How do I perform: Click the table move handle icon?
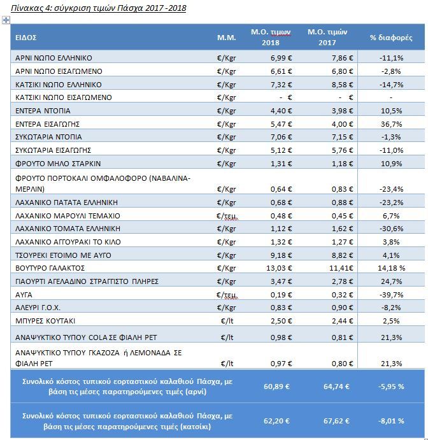[6, 20]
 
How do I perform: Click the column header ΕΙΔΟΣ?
[26, 38]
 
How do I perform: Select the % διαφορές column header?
[391, 38]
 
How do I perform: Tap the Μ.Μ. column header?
[227, 38]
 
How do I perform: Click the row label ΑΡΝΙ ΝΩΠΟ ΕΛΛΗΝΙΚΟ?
[53, 58]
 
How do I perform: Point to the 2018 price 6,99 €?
[282, 58]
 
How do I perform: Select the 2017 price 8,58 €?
[343, 85]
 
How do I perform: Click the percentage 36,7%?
[391, 124]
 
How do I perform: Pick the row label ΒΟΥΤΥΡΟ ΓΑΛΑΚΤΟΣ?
[50, 268]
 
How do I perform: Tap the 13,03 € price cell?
[279, 268]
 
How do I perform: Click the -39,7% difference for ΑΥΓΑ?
[391, 295]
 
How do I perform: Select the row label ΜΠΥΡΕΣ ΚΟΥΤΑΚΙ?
[45, 321]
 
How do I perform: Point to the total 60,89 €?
[276, 387]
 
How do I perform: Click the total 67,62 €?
[336, 421]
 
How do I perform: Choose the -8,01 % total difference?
[391, 421]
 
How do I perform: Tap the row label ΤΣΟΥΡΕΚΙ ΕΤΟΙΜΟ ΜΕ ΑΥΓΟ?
[63, 255]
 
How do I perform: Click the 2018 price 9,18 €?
[282, 255]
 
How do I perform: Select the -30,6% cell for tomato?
[391, 229]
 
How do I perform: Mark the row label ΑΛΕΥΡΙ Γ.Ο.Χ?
[38, 308]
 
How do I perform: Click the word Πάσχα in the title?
[130, 8]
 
